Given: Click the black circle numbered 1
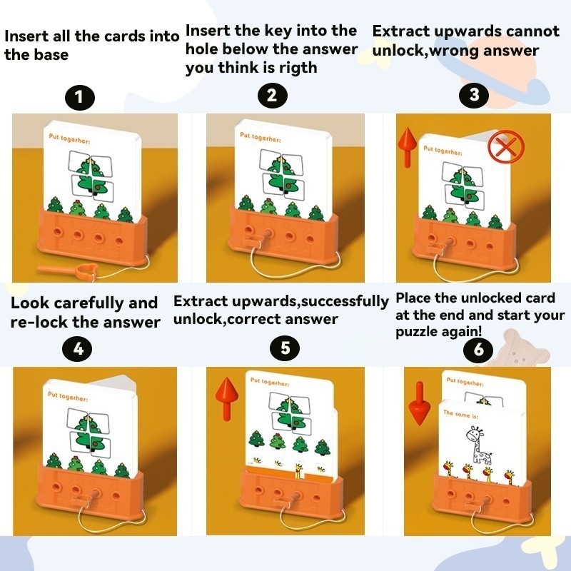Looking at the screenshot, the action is [80, 98].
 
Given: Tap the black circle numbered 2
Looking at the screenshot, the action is [273, 96].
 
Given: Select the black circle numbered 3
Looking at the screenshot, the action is [474, 95].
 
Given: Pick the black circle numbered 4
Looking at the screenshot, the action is [77, 349].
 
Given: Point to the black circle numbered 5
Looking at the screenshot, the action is [285, 348].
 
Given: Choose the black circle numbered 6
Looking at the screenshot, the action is [478, 350].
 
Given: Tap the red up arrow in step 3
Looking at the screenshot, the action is [407, 147].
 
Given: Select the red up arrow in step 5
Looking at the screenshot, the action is [226, 399].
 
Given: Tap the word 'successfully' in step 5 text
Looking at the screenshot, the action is [345, 301].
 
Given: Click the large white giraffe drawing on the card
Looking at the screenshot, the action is [479, 447].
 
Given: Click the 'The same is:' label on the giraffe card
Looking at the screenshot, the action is [460, 414].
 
